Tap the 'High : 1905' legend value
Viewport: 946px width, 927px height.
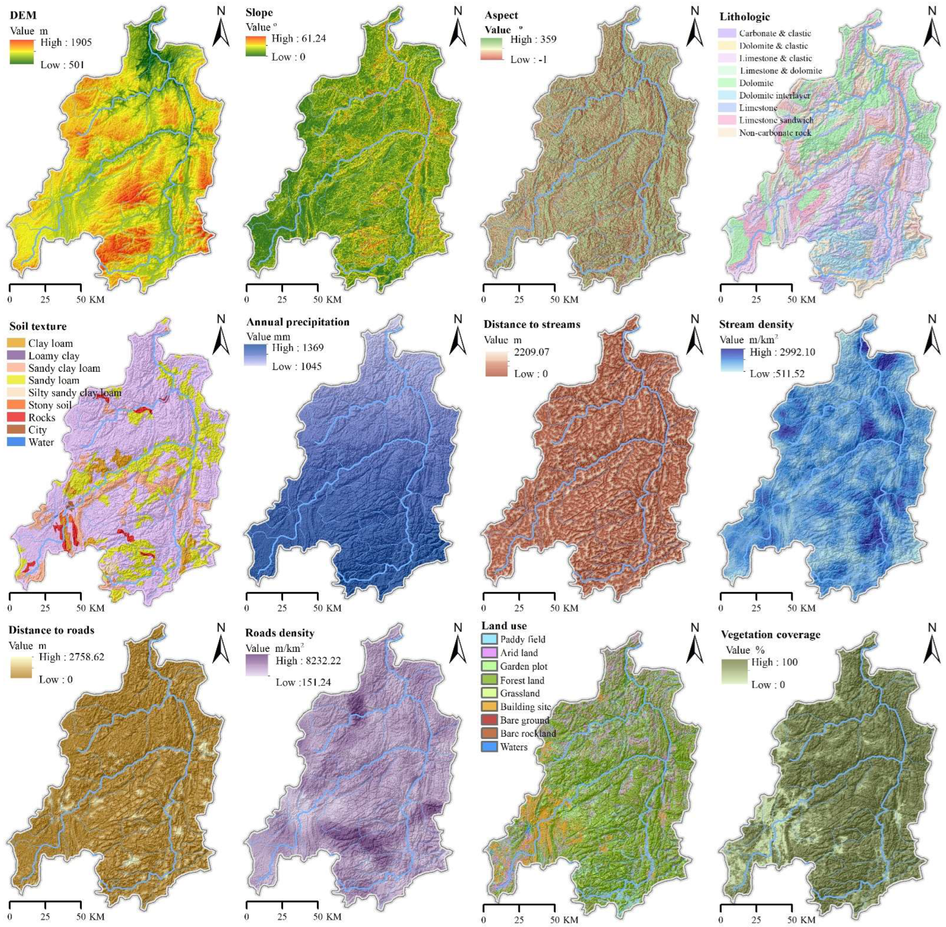click(x=66, y=42)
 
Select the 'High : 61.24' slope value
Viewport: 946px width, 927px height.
click(x=298, y=38)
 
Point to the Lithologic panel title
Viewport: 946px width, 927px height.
click(x=745, y=17)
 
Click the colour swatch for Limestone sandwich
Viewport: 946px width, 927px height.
click(x=728, y=120)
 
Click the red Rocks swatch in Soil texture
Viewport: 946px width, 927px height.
click(x=17, y=417)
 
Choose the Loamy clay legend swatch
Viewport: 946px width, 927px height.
click(x=17, y=355)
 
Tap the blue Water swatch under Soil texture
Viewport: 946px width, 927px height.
click(x=17, y=442)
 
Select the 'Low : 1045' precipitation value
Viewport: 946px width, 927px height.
click(x=296, y=366)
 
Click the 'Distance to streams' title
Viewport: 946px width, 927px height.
click(x=532, y=324)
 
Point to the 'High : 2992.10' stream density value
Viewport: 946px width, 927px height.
click(x=782, y=352)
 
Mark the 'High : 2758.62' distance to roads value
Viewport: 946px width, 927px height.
click(x=71, y=657)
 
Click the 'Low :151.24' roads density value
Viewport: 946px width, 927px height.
click(x=303, y=682)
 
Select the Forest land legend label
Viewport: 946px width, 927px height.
click(x=522, y=680)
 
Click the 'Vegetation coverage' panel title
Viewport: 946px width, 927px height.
click(x=770, y=634)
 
